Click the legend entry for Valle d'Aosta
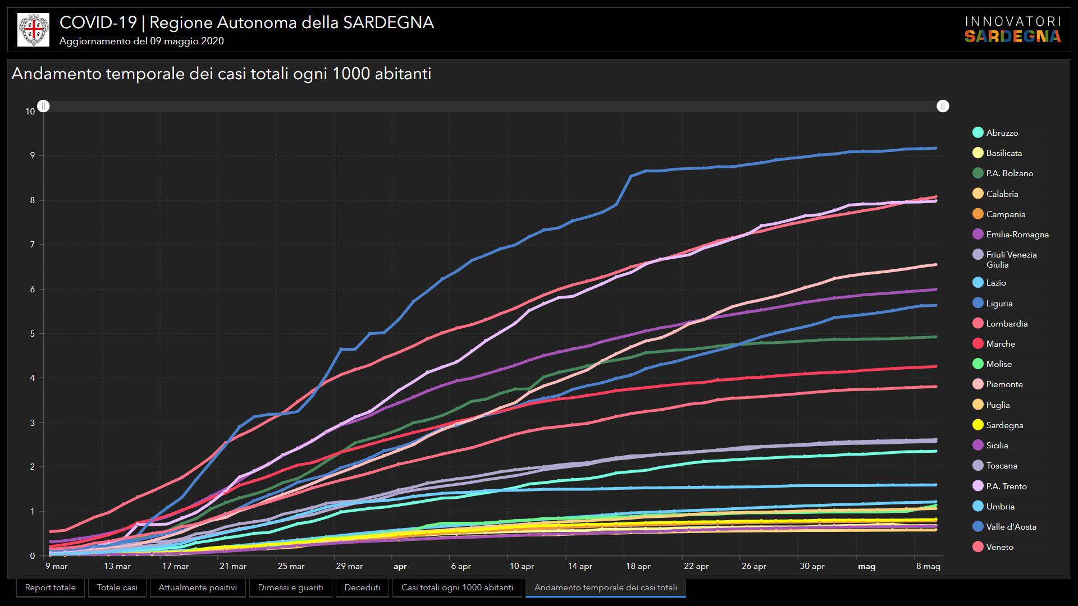[1011, 526]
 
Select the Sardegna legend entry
[1004, 425]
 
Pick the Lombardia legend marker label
[1007, 323]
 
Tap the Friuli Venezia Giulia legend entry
[1011, 259]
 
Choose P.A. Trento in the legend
[1006, 486]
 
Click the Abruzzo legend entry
[1002, 132]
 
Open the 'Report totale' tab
[50, 587]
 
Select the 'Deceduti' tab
[362, 587]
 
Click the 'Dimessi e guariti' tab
[290, 587]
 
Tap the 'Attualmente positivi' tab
[198, 587]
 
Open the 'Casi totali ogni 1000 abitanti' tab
[457, 587]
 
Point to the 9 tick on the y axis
[32, 155]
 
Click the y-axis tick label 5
[32, 334]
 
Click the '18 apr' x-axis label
[638, 566]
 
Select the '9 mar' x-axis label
[56, 566]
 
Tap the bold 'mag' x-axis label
[866, 567]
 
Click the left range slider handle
[43, 106]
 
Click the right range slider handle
[943, 106]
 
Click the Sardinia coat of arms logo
[33, 30]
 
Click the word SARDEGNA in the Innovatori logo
[1012, 36]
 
